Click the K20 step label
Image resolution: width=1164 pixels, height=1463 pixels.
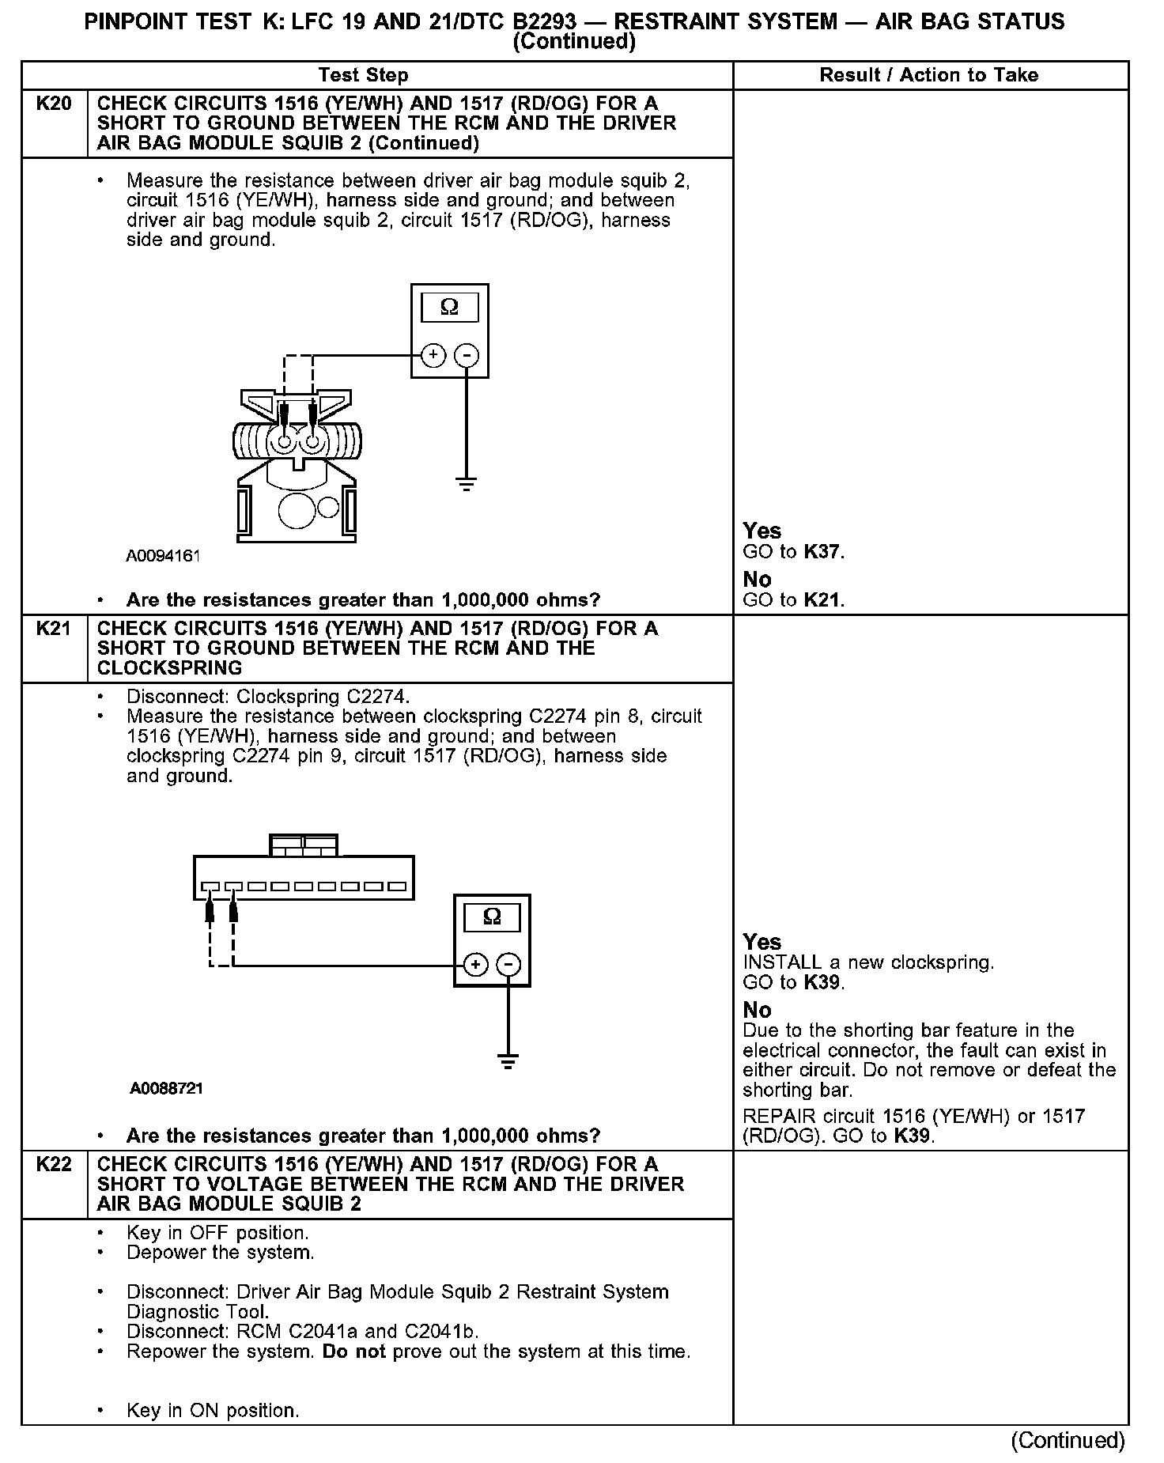point(54,104)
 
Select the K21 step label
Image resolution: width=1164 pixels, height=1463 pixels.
point(54,629)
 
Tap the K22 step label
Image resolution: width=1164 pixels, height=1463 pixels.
point(54,1164)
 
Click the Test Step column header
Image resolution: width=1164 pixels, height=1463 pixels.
point(363,75)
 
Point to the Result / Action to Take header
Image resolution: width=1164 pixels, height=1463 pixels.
point(929,75)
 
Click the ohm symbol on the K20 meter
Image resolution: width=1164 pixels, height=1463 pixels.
point(449,307)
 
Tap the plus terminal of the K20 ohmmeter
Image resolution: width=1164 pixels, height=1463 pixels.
point(433,356)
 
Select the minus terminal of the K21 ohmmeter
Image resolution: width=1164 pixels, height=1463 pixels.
point(509,965)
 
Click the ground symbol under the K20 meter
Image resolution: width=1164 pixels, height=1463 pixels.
point(467,484)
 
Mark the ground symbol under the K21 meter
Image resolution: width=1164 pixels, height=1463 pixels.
point(508,1061)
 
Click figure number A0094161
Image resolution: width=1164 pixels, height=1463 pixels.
point(163,556)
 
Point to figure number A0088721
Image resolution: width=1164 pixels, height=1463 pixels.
point(167,1088)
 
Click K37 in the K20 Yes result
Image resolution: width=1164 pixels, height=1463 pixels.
point(822,552)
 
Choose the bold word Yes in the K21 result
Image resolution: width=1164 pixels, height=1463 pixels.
point(762,942)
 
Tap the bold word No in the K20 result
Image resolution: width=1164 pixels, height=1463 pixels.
point(757,580)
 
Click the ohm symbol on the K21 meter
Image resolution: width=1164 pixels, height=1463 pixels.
point(492,917)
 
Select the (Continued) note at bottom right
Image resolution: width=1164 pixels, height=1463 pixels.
point(1068,1440)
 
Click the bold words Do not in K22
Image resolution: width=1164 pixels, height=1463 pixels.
point(353,1351)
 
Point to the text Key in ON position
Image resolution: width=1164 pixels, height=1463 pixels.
point(213,1410)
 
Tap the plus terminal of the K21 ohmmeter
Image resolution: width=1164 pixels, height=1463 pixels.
point(475,965)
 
